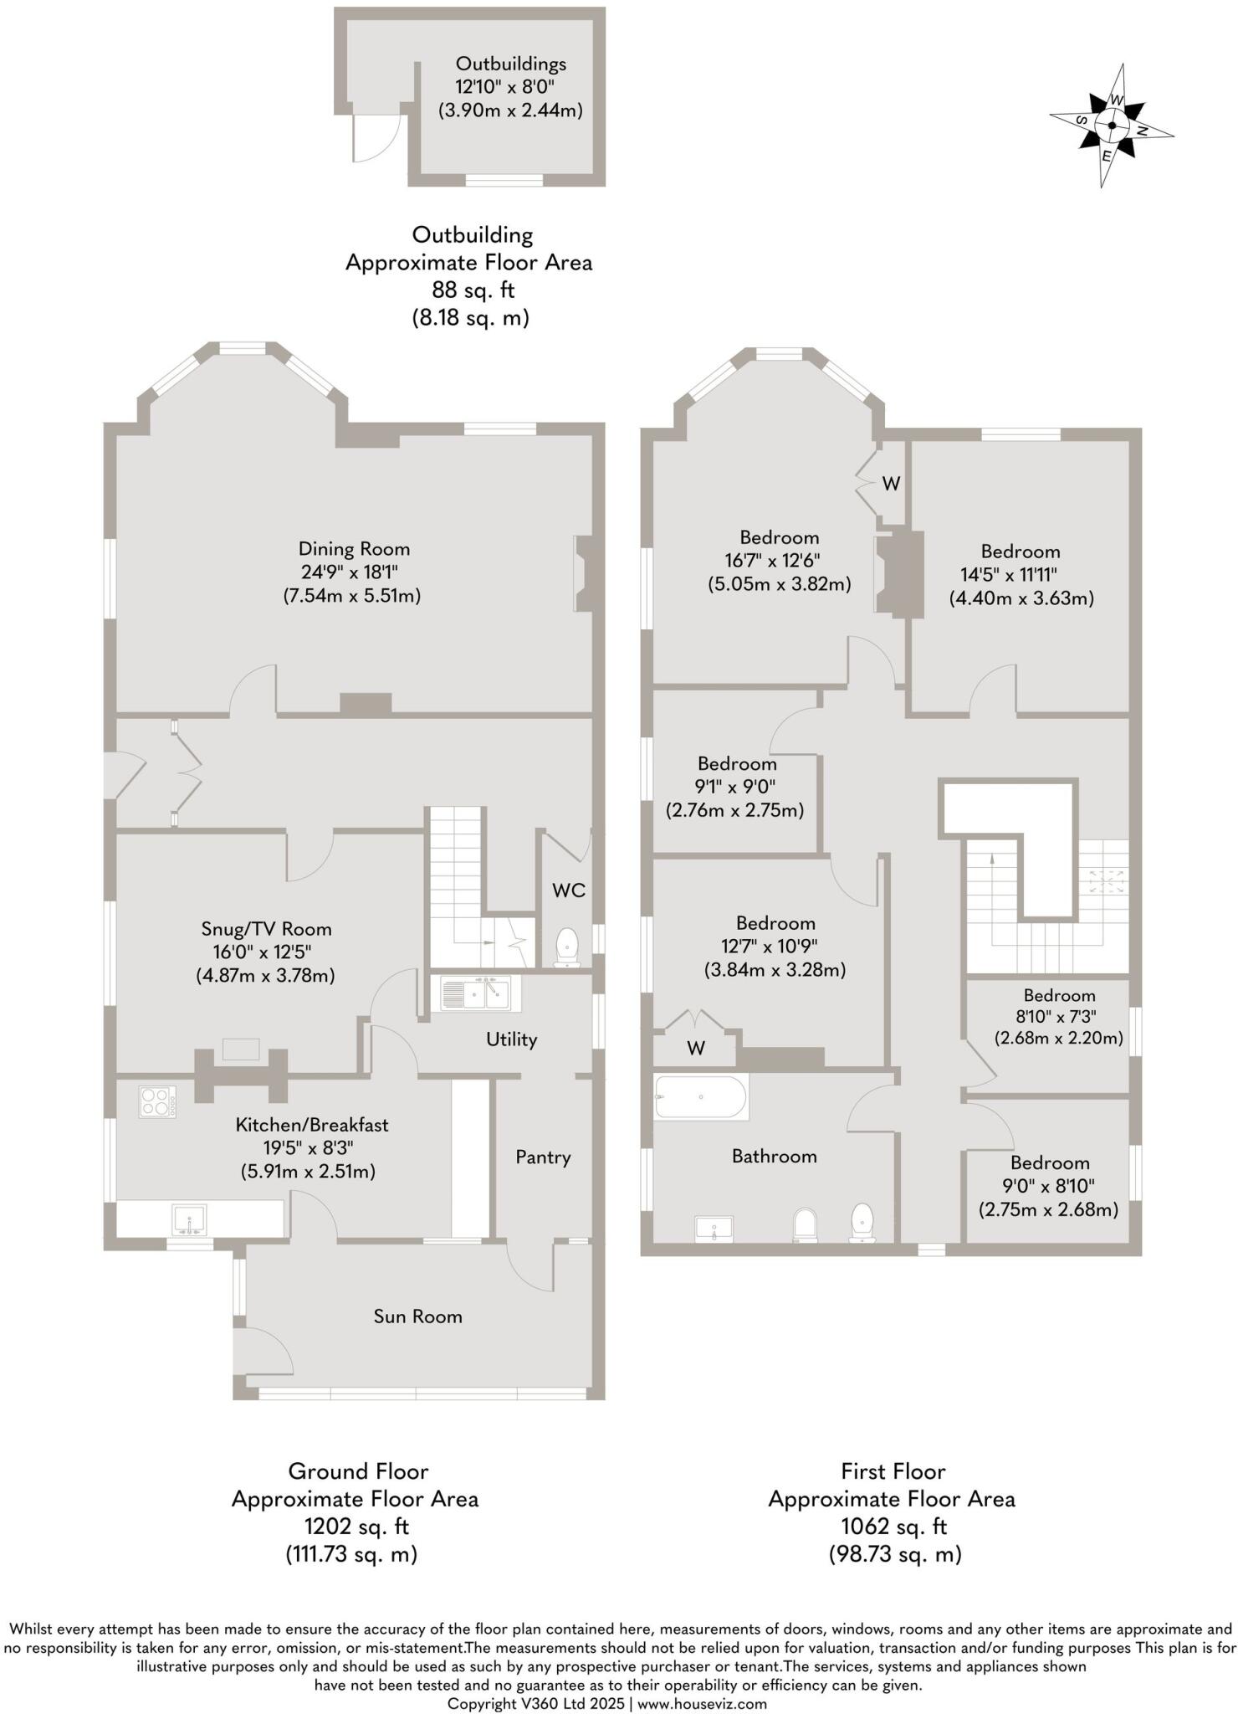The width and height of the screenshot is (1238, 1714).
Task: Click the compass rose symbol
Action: click(x=1112, y=126)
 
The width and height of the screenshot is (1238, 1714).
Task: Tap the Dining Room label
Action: click(x=354, y=549)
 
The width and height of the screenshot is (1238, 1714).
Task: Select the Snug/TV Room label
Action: click(x=266, y=929)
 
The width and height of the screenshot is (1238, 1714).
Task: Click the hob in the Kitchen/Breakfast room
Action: click(x=157, y=1101)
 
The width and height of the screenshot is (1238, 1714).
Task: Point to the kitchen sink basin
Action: click(x=190, y=1219)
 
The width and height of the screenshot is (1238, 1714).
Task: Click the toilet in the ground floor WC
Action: click(x=568, y=947)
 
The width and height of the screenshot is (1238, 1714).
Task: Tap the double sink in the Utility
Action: click(x=475, y=993)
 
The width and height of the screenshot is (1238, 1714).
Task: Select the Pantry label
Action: click(x=543, y=1157)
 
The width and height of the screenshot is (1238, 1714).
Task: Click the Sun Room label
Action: click(x=417, y=1316)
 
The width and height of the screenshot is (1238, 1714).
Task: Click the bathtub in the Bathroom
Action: click(x=701, y=1097)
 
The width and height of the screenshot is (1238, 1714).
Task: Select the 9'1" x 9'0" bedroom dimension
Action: click(x=736, y=787)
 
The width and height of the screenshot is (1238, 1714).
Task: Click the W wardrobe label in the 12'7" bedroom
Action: click(x=696, y=1048)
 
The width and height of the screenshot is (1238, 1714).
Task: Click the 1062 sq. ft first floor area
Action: click(x=893, y=1527)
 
